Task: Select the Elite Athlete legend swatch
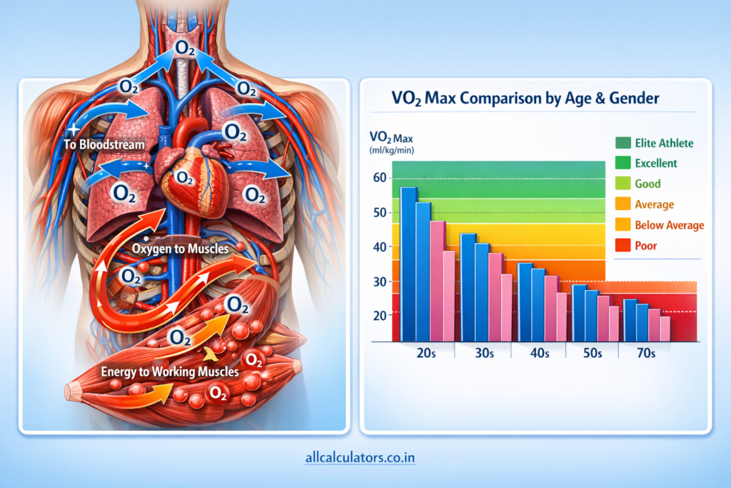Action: (622, 143)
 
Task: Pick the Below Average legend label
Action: (669, 225)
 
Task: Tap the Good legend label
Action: (647, 184)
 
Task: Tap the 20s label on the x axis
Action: (427, 354)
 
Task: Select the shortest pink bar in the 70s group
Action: (665, 329)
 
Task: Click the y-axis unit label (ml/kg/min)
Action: (392, 150)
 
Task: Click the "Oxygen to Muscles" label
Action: (181, 249)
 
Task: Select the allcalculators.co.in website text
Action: (365, 455)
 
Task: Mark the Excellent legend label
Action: (655, 163)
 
